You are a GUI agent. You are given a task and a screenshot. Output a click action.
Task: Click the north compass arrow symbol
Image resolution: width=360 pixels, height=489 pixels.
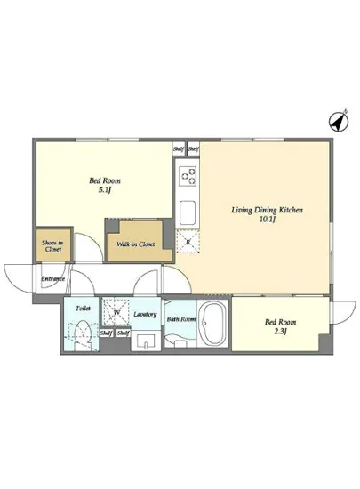pyautogui.click(x=340, y=122)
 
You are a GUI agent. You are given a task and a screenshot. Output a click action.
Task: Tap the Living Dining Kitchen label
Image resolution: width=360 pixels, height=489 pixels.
pyautogui.click(x=267, y=210)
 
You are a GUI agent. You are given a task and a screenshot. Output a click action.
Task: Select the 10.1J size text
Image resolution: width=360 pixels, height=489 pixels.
pyautogui.click(x=268, y=220)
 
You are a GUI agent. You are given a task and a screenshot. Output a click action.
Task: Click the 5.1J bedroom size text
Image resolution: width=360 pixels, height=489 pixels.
pyautogui.click(x=105, y=190)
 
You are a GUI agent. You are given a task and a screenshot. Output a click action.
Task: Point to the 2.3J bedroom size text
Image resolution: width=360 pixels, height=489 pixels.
pyautogui.click(x=280, y=332)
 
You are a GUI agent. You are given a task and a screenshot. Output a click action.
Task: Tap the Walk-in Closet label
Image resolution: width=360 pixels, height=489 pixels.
pyautogui.click(x=136, y=244)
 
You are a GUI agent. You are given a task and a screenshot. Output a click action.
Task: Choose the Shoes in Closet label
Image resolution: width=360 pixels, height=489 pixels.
pyautogui.click(x=52, y=246)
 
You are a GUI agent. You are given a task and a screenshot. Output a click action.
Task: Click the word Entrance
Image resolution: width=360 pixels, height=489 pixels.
pyautogui.click(x=52, y=278)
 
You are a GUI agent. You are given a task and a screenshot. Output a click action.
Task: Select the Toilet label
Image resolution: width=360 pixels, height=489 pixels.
pyautogui.click(x=83, y=309)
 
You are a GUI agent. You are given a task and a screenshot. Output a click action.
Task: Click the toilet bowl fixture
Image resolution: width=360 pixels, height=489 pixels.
pyautogui.click(x=83, y=335)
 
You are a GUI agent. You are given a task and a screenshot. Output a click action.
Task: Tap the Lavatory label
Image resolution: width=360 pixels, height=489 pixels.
pyautogui.click(x=145, y=315)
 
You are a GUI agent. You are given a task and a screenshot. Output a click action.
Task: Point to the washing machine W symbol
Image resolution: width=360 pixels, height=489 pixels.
pyautogui.click(x=116, y=312)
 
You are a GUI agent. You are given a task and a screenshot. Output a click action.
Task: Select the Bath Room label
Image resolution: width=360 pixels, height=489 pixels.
pyautogui.click(x=181, y=319)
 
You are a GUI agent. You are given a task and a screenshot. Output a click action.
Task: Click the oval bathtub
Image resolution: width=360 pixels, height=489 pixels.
pyautogui.click(x=213, y=323)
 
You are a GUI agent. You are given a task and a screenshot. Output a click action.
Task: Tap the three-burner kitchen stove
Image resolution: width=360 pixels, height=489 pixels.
pyautogui.click(x=188, y=175)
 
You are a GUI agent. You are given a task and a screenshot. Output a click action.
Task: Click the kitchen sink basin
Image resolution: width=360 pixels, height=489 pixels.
pyautogui.click(x=188, y=212)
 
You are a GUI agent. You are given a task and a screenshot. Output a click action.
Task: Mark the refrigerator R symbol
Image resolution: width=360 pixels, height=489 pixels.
pyautogui.click(x=188, y=241)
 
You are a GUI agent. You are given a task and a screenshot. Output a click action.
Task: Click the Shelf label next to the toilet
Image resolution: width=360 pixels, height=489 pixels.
pyautogui.click(x=106, y=333)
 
